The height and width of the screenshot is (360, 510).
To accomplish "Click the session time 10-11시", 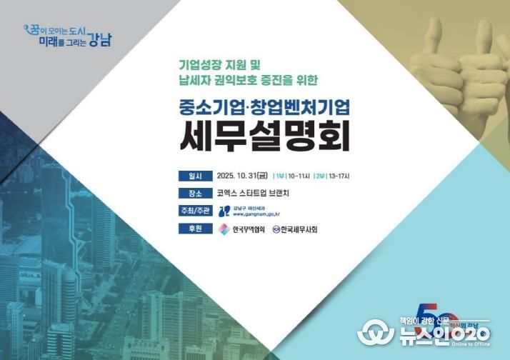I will tap(298, 176).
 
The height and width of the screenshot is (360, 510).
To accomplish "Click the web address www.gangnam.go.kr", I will tap(256, 214).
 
